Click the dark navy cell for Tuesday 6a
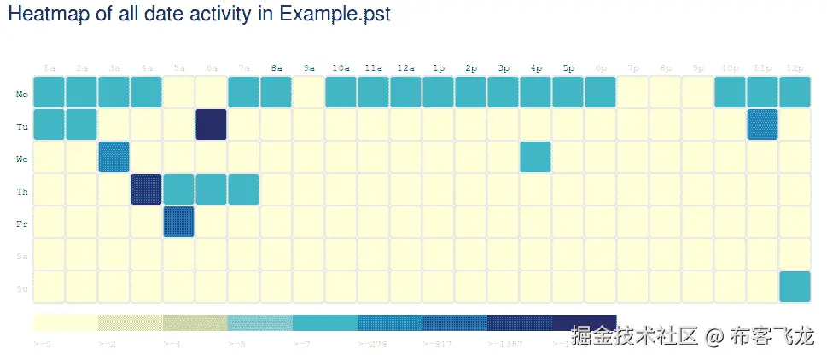tap(211, 125)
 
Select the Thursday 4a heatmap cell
tap(146, 189)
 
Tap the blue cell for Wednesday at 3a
tap(114, 157)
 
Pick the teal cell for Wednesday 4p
tap(535, 157)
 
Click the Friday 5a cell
tap(178, 222)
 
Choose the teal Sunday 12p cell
tap(795, 287)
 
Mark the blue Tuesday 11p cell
tap(762, 125)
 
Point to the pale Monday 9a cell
tap(308, 92)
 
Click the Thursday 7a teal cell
tap(243, 189)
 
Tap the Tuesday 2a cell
tap(81, 125)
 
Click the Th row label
tap(22, 191)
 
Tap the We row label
tap(22, 159)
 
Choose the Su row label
tap(22, 289)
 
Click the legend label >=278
tap(370, 344)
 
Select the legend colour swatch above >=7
tap(324, 322)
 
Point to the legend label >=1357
tap(501, 344)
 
